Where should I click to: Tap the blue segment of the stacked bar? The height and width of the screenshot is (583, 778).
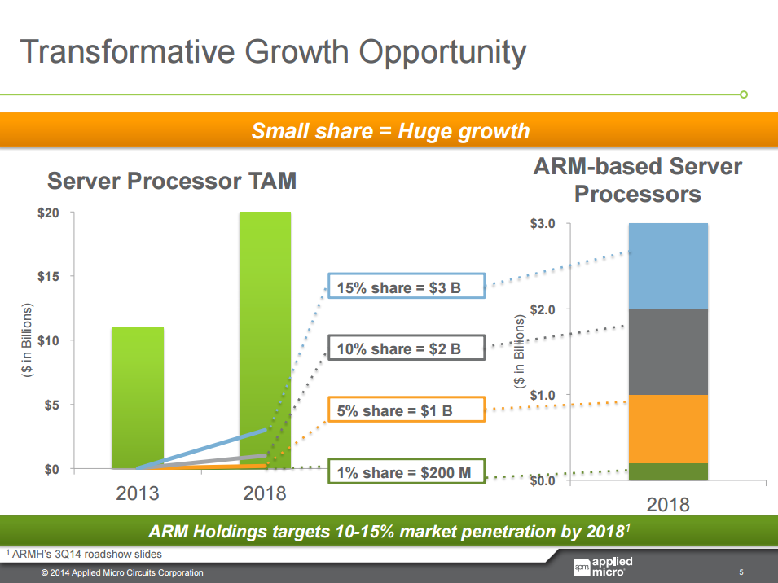click(668, 266)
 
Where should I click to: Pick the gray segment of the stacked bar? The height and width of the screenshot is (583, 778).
click(668, 352)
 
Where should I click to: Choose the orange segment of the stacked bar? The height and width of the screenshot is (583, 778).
click(668, 429)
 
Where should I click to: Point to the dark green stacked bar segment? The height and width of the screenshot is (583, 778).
click(668, 471)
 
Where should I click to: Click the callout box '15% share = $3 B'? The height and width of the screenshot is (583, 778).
click(406, 287)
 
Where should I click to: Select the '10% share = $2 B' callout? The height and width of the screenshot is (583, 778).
click(406, 349)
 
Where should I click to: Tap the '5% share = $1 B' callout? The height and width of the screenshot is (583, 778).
click(406, 410)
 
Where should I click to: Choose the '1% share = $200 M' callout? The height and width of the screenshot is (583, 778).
click(406, 472)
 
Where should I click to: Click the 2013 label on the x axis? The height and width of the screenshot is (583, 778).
click(138, 493)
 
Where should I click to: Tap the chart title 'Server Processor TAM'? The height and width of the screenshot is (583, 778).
click(171, 181)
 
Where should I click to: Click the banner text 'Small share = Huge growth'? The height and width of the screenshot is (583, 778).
click(390, 131)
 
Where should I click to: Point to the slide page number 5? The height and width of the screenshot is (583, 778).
click(741, 572)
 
